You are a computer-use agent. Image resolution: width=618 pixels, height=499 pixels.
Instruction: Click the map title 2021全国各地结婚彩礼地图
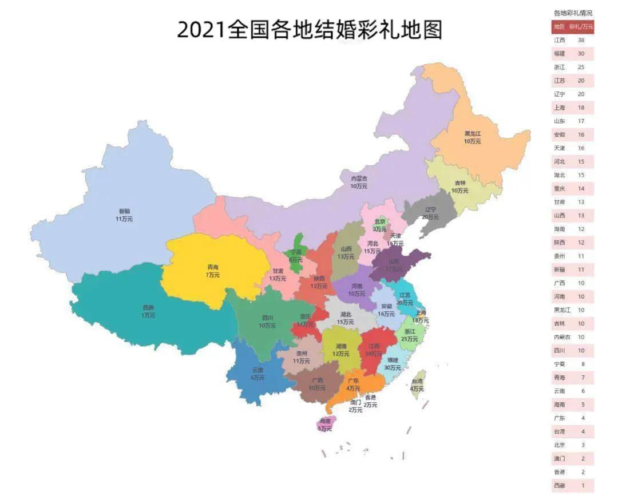309,30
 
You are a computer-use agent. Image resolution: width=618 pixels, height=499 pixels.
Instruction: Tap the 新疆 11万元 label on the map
124,215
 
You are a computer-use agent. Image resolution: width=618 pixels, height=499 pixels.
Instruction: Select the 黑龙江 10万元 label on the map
473,137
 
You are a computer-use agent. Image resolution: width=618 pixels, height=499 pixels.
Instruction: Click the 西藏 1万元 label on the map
148,311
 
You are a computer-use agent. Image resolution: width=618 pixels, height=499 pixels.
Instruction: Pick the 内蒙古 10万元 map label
359,182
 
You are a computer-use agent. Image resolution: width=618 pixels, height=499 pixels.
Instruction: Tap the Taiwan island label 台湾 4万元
417,385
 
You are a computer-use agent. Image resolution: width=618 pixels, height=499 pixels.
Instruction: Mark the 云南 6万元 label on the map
257,374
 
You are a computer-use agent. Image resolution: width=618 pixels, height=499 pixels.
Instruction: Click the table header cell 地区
558,27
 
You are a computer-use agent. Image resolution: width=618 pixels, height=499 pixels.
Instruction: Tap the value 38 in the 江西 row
581,40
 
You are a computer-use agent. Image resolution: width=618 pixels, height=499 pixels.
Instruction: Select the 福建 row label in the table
559,54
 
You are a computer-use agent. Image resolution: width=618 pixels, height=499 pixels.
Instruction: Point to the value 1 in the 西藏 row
581,485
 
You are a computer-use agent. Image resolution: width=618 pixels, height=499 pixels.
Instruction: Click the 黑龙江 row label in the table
561,310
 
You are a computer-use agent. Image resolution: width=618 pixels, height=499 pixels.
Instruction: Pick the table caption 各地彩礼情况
573,13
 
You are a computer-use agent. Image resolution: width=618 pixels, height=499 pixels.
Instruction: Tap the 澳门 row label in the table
559,458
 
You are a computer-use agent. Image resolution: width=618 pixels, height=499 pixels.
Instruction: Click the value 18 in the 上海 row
581,108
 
